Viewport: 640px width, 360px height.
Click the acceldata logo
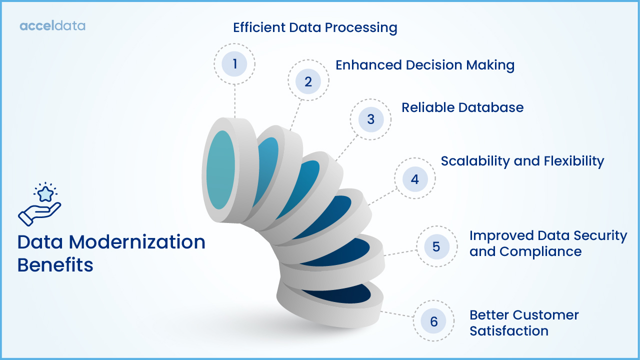pos(52,25)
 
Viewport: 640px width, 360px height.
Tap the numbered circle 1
pos(234,64)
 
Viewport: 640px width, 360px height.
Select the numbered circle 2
pos(308,81)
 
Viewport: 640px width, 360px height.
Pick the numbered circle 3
pos(370,119)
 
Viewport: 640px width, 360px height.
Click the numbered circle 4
pos(414,179)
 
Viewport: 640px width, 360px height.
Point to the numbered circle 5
pos(436,246)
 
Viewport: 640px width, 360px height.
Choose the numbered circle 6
pos(433,321)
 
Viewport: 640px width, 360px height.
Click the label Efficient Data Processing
pos(315,27)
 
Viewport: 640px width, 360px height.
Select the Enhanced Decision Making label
pos(424,65)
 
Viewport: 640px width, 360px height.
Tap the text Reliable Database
pos(462,107)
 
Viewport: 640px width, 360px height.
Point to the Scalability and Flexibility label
pos(522,161)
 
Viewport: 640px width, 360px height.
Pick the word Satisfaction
pos(508,331)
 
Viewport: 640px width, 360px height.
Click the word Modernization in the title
pos(137,242)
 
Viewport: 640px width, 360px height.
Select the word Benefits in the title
pos(55,265)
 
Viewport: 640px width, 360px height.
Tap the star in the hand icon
pos(45,193)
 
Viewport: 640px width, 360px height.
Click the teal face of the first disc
pos(220,169)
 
